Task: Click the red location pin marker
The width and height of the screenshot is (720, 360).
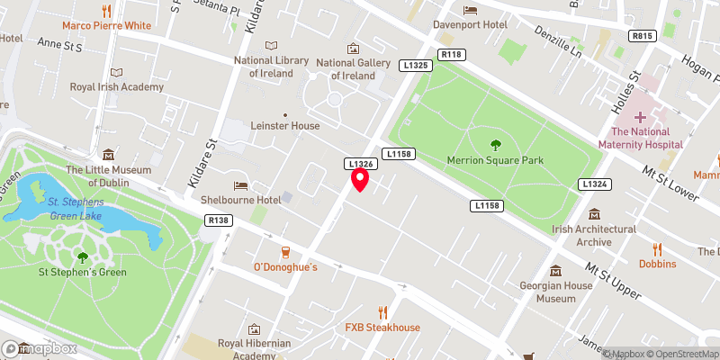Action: tap(360, 180)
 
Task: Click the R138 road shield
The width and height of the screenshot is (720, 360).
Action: tap(218, 220)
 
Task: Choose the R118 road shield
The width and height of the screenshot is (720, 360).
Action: tap(451, 55)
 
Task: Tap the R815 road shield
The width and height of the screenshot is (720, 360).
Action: tap(641, 36)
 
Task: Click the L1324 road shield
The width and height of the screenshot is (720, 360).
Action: tap(594, 184)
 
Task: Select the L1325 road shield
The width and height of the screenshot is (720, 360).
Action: tap(416, 66)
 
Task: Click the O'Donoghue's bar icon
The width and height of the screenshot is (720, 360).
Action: tap(285, 251)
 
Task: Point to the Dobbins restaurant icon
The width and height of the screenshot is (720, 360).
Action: tap(657, 248)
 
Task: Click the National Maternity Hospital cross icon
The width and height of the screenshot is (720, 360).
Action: tap(641, 117)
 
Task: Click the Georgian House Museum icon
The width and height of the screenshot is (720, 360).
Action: tap(555, 271)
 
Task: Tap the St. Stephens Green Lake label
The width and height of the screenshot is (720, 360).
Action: tap(76, 208)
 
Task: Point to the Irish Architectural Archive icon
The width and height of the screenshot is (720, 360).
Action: tap(594, 214)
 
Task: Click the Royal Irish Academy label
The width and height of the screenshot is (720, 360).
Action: tap(117, 87)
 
